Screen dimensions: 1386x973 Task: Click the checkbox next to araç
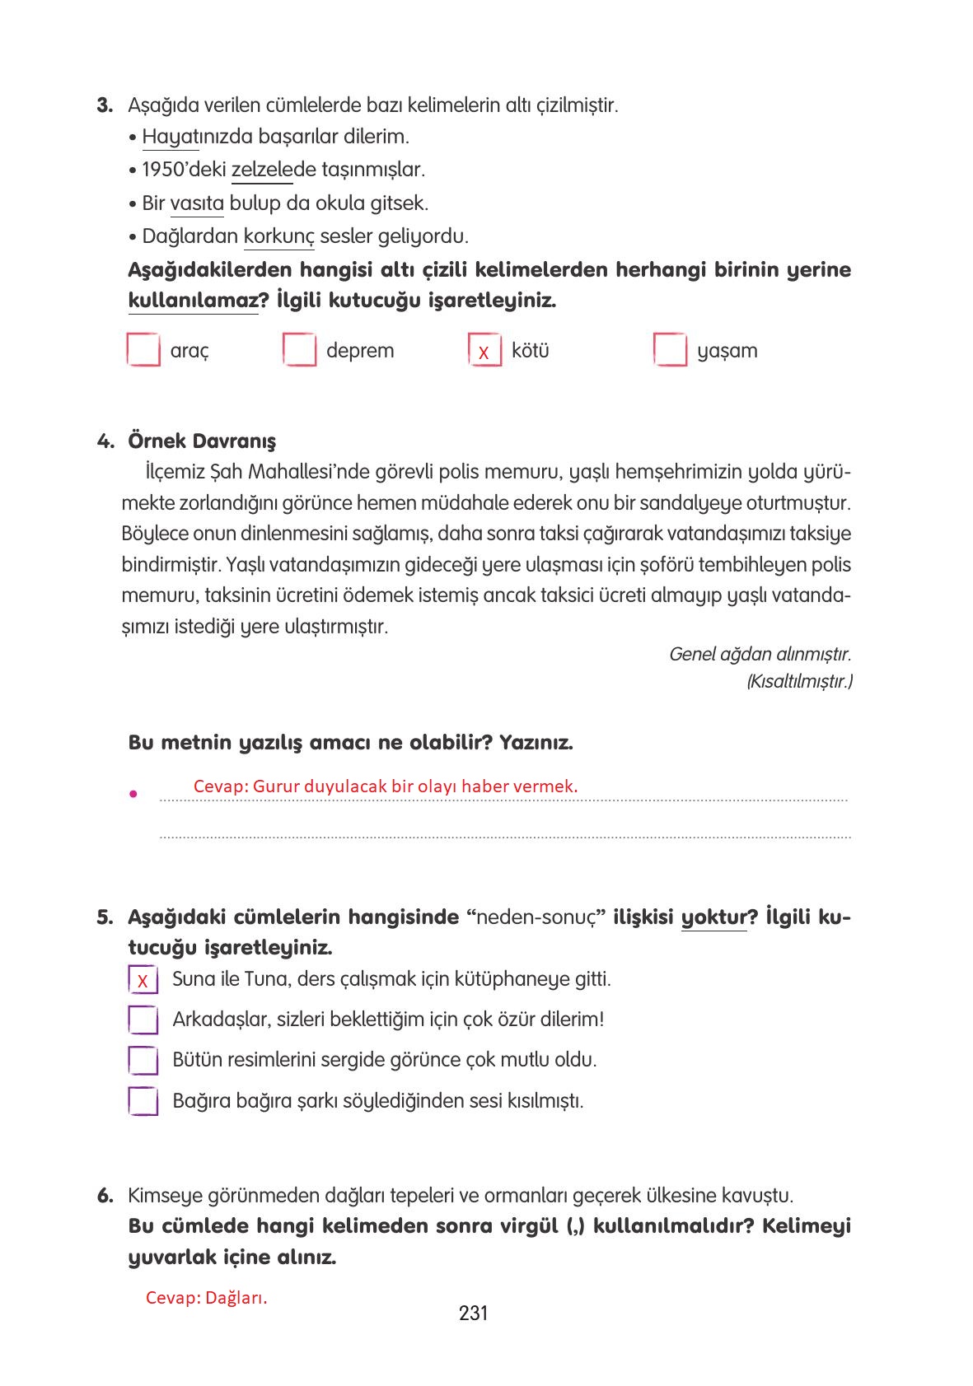143,350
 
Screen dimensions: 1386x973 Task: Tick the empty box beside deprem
299,350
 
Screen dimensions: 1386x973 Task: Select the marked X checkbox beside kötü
484,351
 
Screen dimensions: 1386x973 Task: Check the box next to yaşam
670,350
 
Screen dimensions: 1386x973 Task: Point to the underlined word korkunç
278,237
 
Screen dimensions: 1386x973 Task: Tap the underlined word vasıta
197,203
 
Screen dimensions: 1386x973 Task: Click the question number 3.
105,105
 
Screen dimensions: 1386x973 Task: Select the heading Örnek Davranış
202,441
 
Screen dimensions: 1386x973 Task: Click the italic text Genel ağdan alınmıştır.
759,654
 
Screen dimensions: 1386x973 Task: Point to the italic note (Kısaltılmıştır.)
798,682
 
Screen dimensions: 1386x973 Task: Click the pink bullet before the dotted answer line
132,795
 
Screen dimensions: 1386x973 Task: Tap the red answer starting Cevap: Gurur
385,786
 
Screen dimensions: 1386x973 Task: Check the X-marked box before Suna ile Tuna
143,980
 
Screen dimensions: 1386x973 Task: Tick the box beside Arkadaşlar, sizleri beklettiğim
143,1020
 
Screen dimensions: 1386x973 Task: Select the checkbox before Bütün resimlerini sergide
143,1060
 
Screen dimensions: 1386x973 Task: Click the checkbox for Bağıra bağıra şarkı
143,1101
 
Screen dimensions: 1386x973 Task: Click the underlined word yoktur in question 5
713,917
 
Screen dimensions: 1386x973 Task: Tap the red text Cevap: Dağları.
206,1298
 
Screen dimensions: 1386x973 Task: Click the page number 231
474,1313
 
